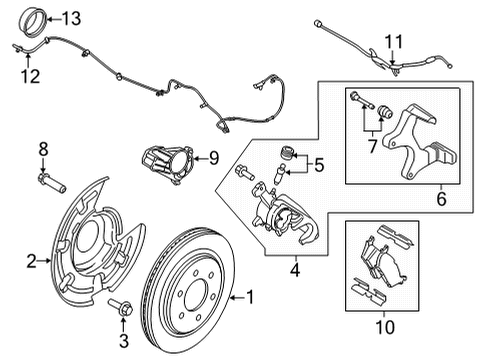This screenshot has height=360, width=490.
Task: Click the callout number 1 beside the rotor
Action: coord(251,298)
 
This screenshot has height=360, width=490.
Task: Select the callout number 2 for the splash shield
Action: coord(31,262)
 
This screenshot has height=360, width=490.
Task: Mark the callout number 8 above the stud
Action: coord(42,149)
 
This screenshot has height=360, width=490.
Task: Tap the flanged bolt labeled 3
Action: coord(119,306)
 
